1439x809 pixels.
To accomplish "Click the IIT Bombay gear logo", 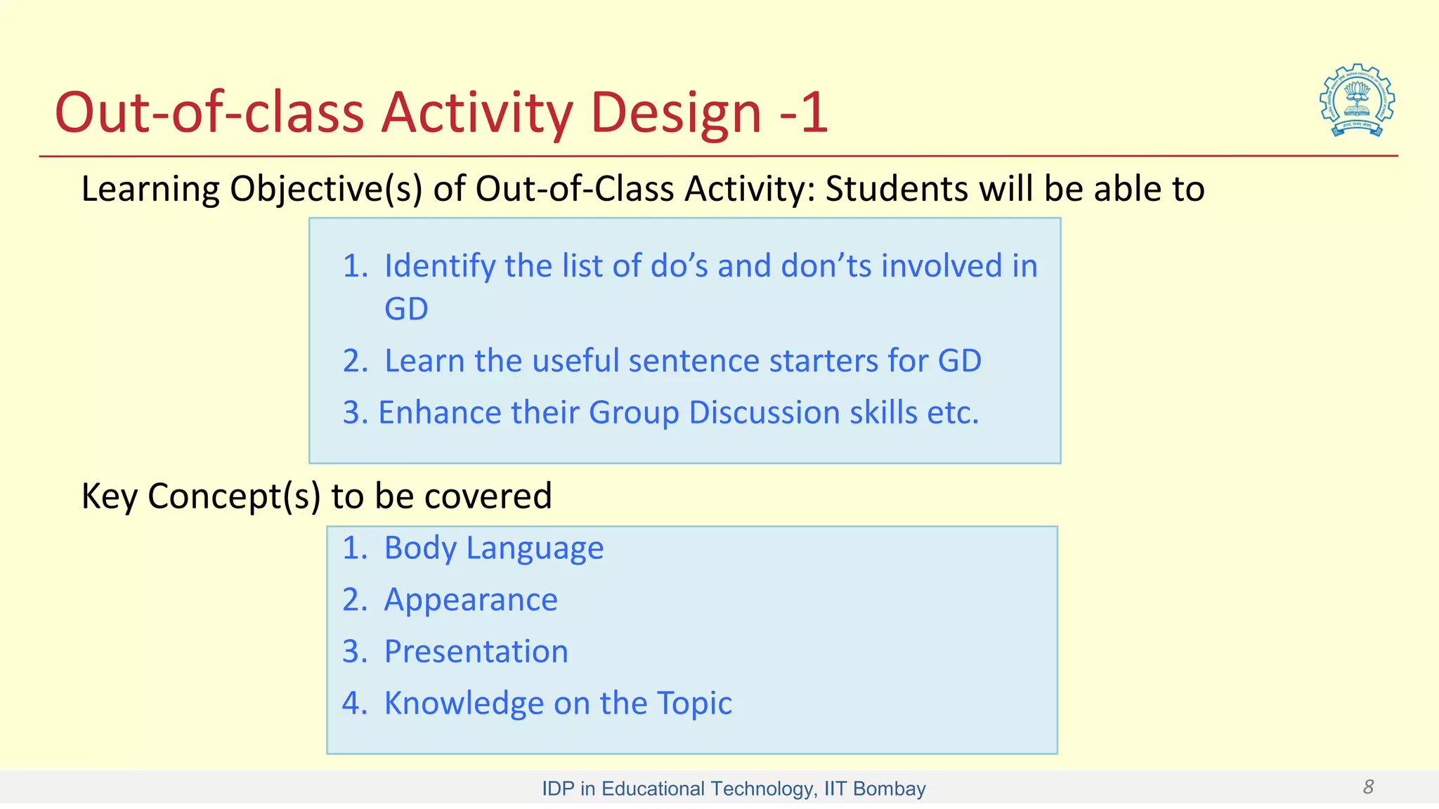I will coord(1357,100).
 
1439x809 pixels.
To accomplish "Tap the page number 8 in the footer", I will coord(1368,787).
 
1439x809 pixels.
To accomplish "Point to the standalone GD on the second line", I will coord(406,309).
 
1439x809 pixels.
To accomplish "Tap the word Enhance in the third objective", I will coord(440,413).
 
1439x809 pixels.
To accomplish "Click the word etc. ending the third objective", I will coord(953,413).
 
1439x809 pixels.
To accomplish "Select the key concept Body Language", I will coord(493,548).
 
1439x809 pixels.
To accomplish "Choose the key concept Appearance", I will coord(471,600).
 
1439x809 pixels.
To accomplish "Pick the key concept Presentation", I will coord(476,652).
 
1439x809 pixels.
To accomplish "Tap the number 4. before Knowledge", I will coord(355,704).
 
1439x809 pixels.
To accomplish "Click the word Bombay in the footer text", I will coord(889,789).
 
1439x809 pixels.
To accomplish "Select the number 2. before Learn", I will coord(355,361).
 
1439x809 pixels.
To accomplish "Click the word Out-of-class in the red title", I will coord(209,113).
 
